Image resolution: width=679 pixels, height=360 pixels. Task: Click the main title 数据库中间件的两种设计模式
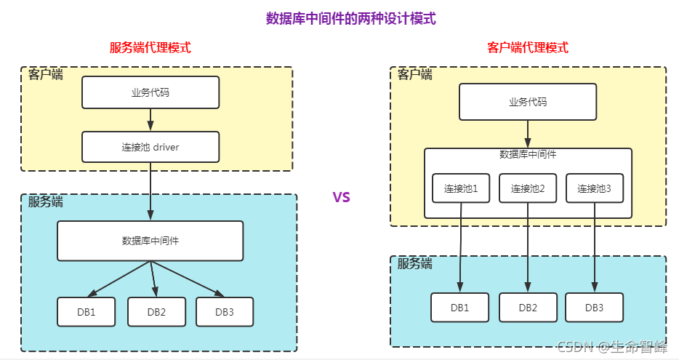pos(351,19)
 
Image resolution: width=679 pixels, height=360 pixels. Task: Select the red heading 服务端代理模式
pos(150,48)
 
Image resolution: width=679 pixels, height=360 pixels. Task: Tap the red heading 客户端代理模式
pos(528,48)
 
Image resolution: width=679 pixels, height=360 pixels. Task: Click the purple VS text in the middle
pos(341,197)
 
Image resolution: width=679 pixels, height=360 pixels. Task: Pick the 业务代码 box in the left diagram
pos(150,92)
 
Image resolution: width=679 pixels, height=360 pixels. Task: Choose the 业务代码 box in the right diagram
pos(528,102)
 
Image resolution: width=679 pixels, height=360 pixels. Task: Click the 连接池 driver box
pos(150,147)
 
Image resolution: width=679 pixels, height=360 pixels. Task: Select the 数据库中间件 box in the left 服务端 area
pos(150,241)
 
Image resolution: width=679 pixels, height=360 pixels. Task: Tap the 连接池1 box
pos(461,188)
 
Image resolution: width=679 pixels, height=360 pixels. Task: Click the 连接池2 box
pos(528,188)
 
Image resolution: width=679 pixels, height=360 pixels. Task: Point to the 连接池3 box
pos(594,188)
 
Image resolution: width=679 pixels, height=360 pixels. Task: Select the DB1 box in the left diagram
pos(87,312)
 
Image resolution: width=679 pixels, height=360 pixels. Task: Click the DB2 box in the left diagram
pos(156,312)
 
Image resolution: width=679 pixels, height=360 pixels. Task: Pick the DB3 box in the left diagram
pos(225,312)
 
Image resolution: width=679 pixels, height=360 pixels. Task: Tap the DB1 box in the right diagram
pos(459,308)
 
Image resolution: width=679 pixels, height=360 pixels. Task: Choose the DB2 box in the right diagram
pos(528,308)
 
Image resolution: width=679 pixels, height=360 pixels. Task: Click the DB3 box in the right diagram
pos(594,308)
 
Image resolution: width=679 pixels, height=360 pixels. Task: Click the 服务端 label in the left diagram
pos(46,202)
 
